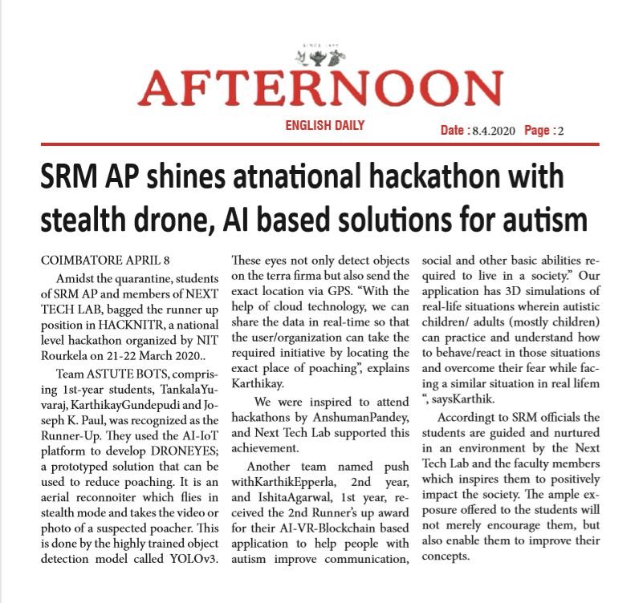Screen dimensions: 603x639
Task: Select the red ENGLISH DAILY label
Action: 325,125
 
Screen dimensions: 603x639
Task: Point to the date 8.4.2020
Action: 490,130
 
